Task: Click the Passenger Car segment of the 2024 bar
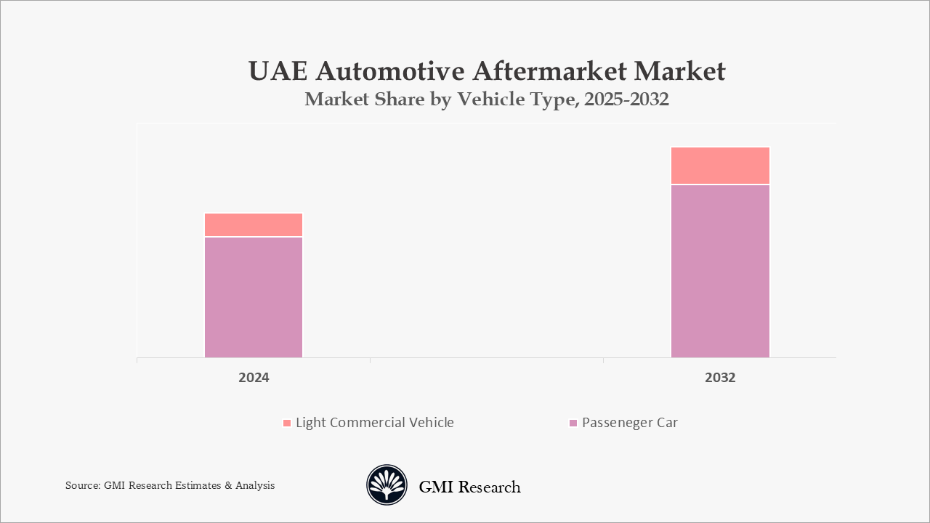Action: click(x=254, y=297)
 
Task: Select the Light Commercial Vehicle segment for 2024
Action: click(x=254, y=224)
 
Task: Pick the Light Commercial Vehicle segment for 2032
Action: click(x=720, y=166)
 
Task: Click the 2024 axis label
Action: click(x=254, y=378)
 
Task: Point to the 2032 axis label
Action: click(x=720, y=378)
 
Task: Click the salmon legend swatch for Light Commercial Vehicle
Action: click(x=287, y=423)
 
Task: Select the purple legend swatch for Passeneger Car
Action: click(x=573, y=423)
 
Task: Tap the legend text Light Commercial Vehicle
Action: click(x=374, y=423)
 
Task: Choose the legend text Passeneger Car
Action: click(x=630, y=423)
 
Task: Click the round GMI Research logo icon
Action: click(x=387, y=485)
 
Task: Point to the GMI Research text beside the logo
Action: click(x=469, y=487)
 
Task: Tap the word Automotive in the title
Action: click(x=389, y=71)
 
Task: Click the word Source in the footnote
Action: click(x=82, y=485)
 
